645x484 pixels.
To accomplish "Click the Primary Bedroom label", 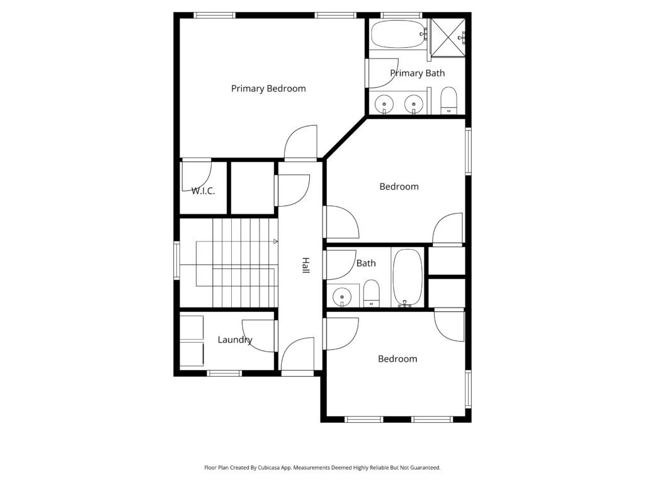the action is click(x=268, y=89).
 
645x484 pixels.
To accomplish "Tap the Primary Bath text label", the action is click(x=418, y=73).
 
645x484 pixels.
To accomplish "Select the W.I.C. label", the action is click(x=203, y=191).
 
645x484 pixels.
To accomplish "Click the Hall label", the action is click(x=305, y=265).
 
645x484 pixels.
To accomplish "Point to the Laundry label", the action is click(x=235, y=340).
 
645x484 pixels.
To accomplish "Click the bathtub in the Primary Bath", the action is click(x=398, y=35).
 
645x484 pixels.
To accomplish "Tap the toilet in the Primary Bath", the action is click(x=448, y=100).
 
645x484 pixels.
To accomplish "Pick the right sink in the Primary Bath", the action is click(x=413, y=104).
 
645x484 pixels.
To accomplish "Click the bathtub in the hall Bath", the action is click(x=408, y=277).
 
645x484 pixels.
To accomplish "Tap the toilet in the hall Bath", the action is click(x=372, y=293).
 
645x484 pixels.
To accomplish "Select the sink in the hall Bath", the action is click(x=342, y=296).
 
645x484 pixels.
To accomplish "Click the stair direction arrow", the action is click(x=276, y=241).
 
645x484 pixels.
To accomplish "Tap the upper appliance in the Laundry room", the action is click(x=191, y=328).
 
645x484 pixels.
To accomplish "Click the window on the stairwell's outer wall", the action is click(x=177, y=260).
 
